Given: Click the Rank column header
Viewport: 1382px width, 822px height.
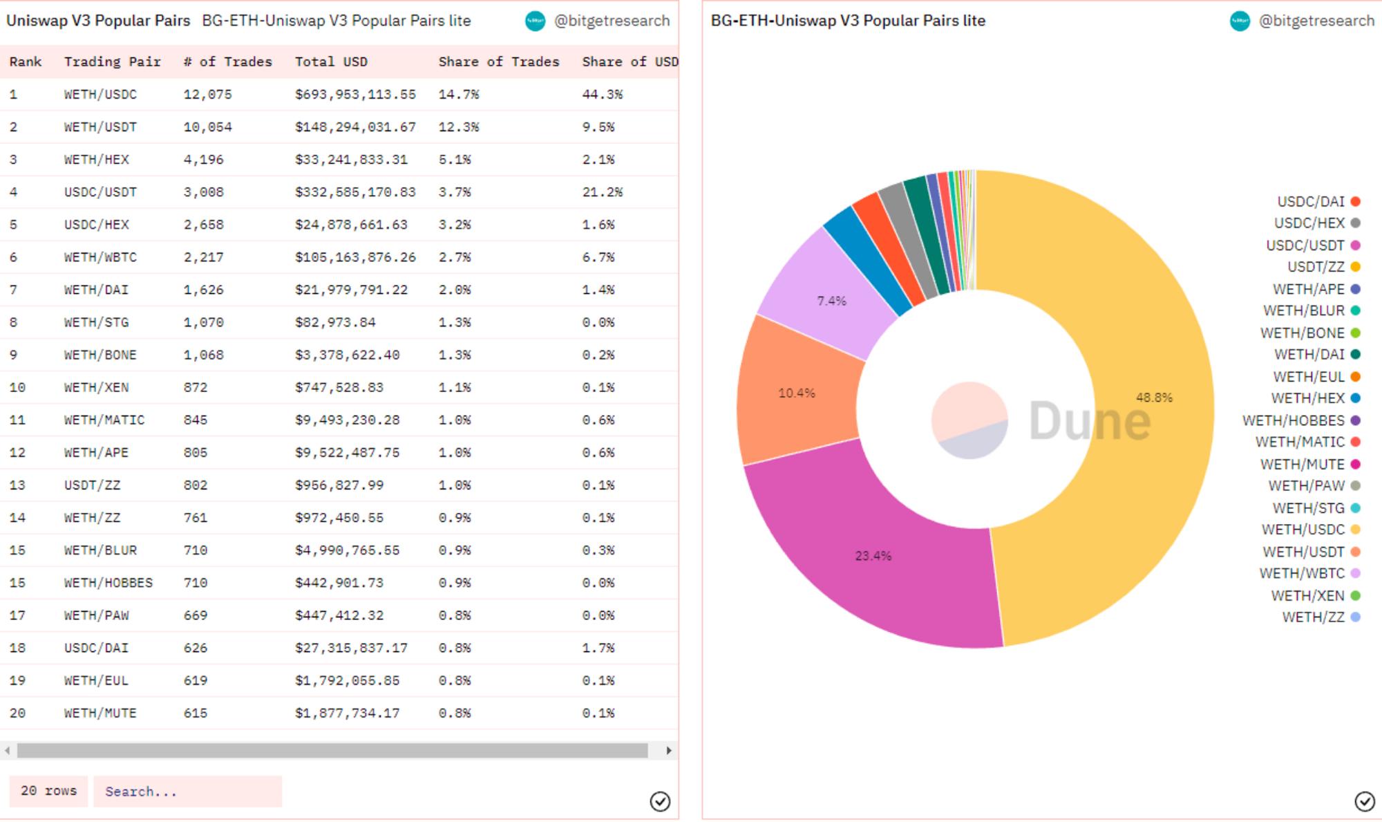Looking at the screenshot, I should tap(26, 62).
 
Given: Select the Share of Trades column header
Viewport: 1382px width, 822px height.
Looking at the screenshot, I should tap(498, 62).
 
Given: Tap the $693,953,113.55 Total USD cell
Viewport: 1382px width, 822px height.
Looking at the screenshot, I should tap(355, 94).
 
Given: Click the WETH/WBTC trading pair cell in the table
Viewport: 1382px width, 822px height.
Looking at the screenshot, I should tap(100, 257).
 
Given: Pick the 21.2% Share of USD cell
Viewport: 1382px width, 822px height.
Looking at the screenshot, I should tap(602, 192).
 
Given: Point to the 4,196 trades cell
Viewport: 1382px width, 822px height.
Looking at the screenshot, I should tap(203, 160).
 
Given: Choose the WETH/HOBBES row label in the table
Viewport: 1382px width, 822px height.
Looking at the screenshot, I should tap(108, 583).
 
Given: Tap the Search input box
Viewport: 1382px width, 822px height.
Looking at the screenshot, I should tap(187, 792).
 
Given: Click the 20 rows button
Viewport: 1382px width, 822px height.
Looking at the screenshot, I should tap(48, 791).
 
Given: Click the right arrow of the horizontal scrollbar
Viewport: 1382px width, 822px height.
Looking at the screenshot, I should tap(669, 751).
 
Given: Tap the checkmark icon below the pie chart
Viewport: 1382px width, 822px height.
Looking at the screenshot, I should tap(1364, 801).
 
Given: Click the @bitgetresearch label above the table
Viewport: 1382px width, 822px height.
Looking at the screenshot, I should tap(612, 21).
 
